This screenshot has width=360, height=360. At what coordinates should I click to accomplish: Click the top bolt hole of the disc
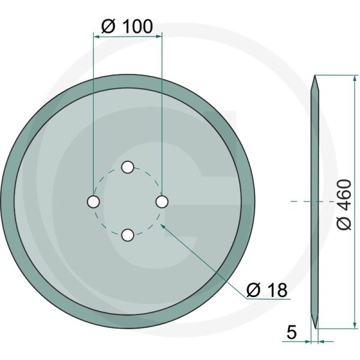click(x=127, y=167)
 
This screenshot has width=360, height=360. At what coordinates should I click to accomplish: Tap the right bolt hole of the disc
click(x=161, y=202)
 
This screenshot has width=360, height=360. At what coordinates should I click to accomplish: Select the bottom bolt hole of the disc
click(x=127, y=236)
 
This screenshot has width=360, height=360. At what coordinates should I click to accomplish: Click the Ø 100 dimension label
click(x=127, y=26)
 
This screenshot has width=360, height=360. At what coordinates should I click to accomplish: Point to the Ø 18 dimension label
click(x=267, y=290)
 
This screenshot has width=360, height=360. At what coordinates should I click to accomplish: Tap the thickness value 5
click(x=291, y=331)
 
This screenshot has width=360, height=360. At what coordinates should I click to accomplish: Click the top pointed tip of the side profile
click(x=314, y=76)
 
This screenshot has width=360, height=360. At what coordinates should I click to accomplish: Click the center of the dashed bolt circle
click(x=127, y=202)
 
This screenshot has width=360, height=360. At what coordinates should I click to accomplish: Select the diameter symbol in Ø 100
click(x=107, y=26)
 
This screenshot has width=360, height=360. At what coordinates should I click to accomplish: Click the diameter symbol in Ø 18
click(x=253, y=290)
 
